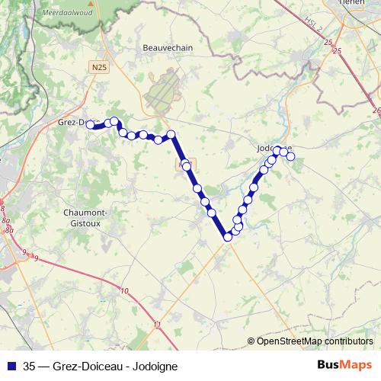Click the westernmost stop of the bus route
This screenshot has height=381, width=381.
point(90,124)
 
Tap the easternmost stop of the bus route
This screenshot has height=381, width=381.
point(290,156)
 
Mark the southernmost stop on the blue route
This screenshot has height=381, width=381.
point(227,238)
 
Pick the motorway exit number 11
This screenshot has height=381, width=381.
point(157,325)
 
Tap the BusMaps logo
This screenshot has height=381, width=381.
point(344,365)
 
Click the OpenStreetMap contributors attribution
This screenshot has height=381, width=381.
point(315,341)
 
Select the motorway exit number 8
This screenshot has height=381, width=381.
point(3,208)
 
